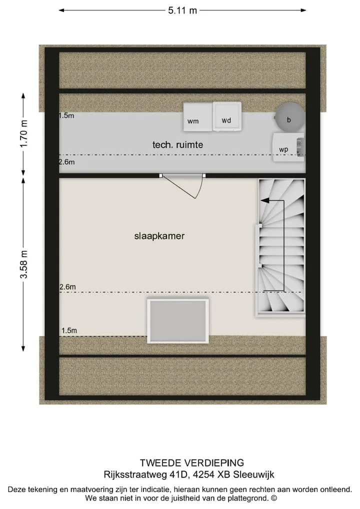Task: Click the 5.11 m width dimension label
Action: point(182,10)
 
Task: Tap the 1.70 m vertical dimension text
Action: point(23,133)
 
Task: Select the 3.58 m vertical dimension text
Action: point(23,264)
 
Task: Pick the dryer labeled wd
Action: point(227,116)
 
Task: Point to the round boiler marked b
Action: point(289,117)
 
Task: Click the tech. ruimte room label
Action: point(177,145)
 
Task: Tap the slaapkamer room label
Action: point(159,236)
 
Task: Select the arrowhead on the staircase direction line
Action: point(265,200)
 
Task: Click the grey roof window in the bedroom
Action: point(178,320)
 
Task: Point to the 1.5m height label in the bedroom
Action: point(69,330)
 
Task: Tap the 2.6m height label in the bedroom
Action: point(67,286)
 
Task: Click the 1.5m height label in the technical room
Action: point(66,115)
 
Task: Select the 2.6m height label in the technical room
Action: point(67,162)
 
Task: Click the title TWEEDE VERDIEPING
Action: point(192,462)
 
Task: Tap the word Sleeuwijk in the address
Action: point(253,474)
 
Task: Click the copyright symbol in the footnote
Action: point(274,498)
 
